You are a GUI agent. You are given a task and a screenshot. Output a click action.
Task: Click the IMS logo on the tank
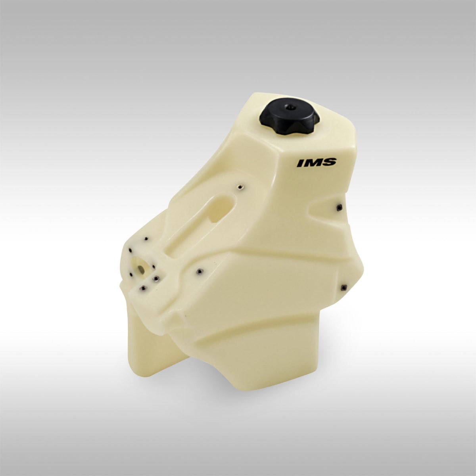pos(317,163)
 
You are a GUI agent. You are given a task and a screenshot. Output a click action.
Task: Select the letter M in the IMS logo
pos(313,163)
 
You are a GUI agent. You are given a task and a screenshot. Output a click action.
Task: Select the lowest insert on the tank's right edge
pos(344,287)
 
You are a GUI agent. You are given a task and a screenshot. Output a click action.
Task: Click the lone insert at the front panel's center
pos(200,271)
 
